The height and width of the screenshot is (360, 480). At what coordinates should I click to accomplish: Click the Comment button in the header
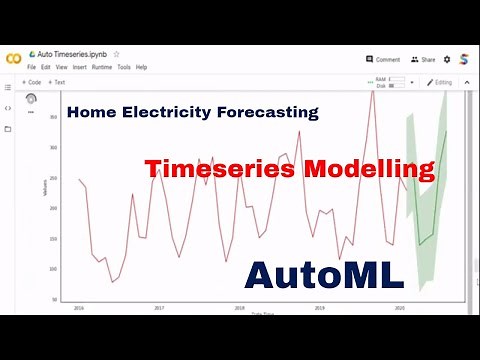383,59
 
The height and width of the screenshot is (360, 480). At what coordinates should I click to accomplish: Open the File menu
32,67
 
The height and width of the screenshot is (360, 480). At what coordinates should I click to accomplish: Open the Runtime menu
102,67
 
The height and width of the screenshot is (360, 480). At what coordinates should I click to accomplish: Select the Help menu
141,67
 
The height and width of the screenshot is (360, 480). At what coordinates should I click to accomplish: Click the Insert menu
79,67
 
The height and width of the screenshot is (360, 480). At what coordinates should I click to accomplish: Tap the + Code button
31,82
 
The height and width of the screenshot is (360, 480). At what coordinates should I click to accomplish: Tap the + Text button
57,82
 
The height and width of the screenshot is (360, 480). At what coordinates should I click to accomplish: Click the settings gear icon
447,59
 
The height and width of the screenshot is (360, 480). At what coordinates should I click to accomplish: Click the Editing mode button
439,82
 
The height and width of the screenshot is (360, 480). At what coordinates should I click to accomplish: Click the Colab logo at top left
13,59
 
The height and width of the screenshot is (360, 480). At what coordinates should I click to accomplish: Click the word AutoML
324,272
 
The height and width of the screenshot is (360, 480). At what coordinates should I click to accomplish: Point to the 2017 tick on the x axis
158,308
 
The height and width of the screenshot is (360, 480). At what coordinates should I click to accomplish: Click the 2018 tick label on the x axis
238,308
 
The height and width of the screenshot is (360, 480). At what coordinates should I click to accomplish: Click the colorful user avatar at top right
463,59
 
